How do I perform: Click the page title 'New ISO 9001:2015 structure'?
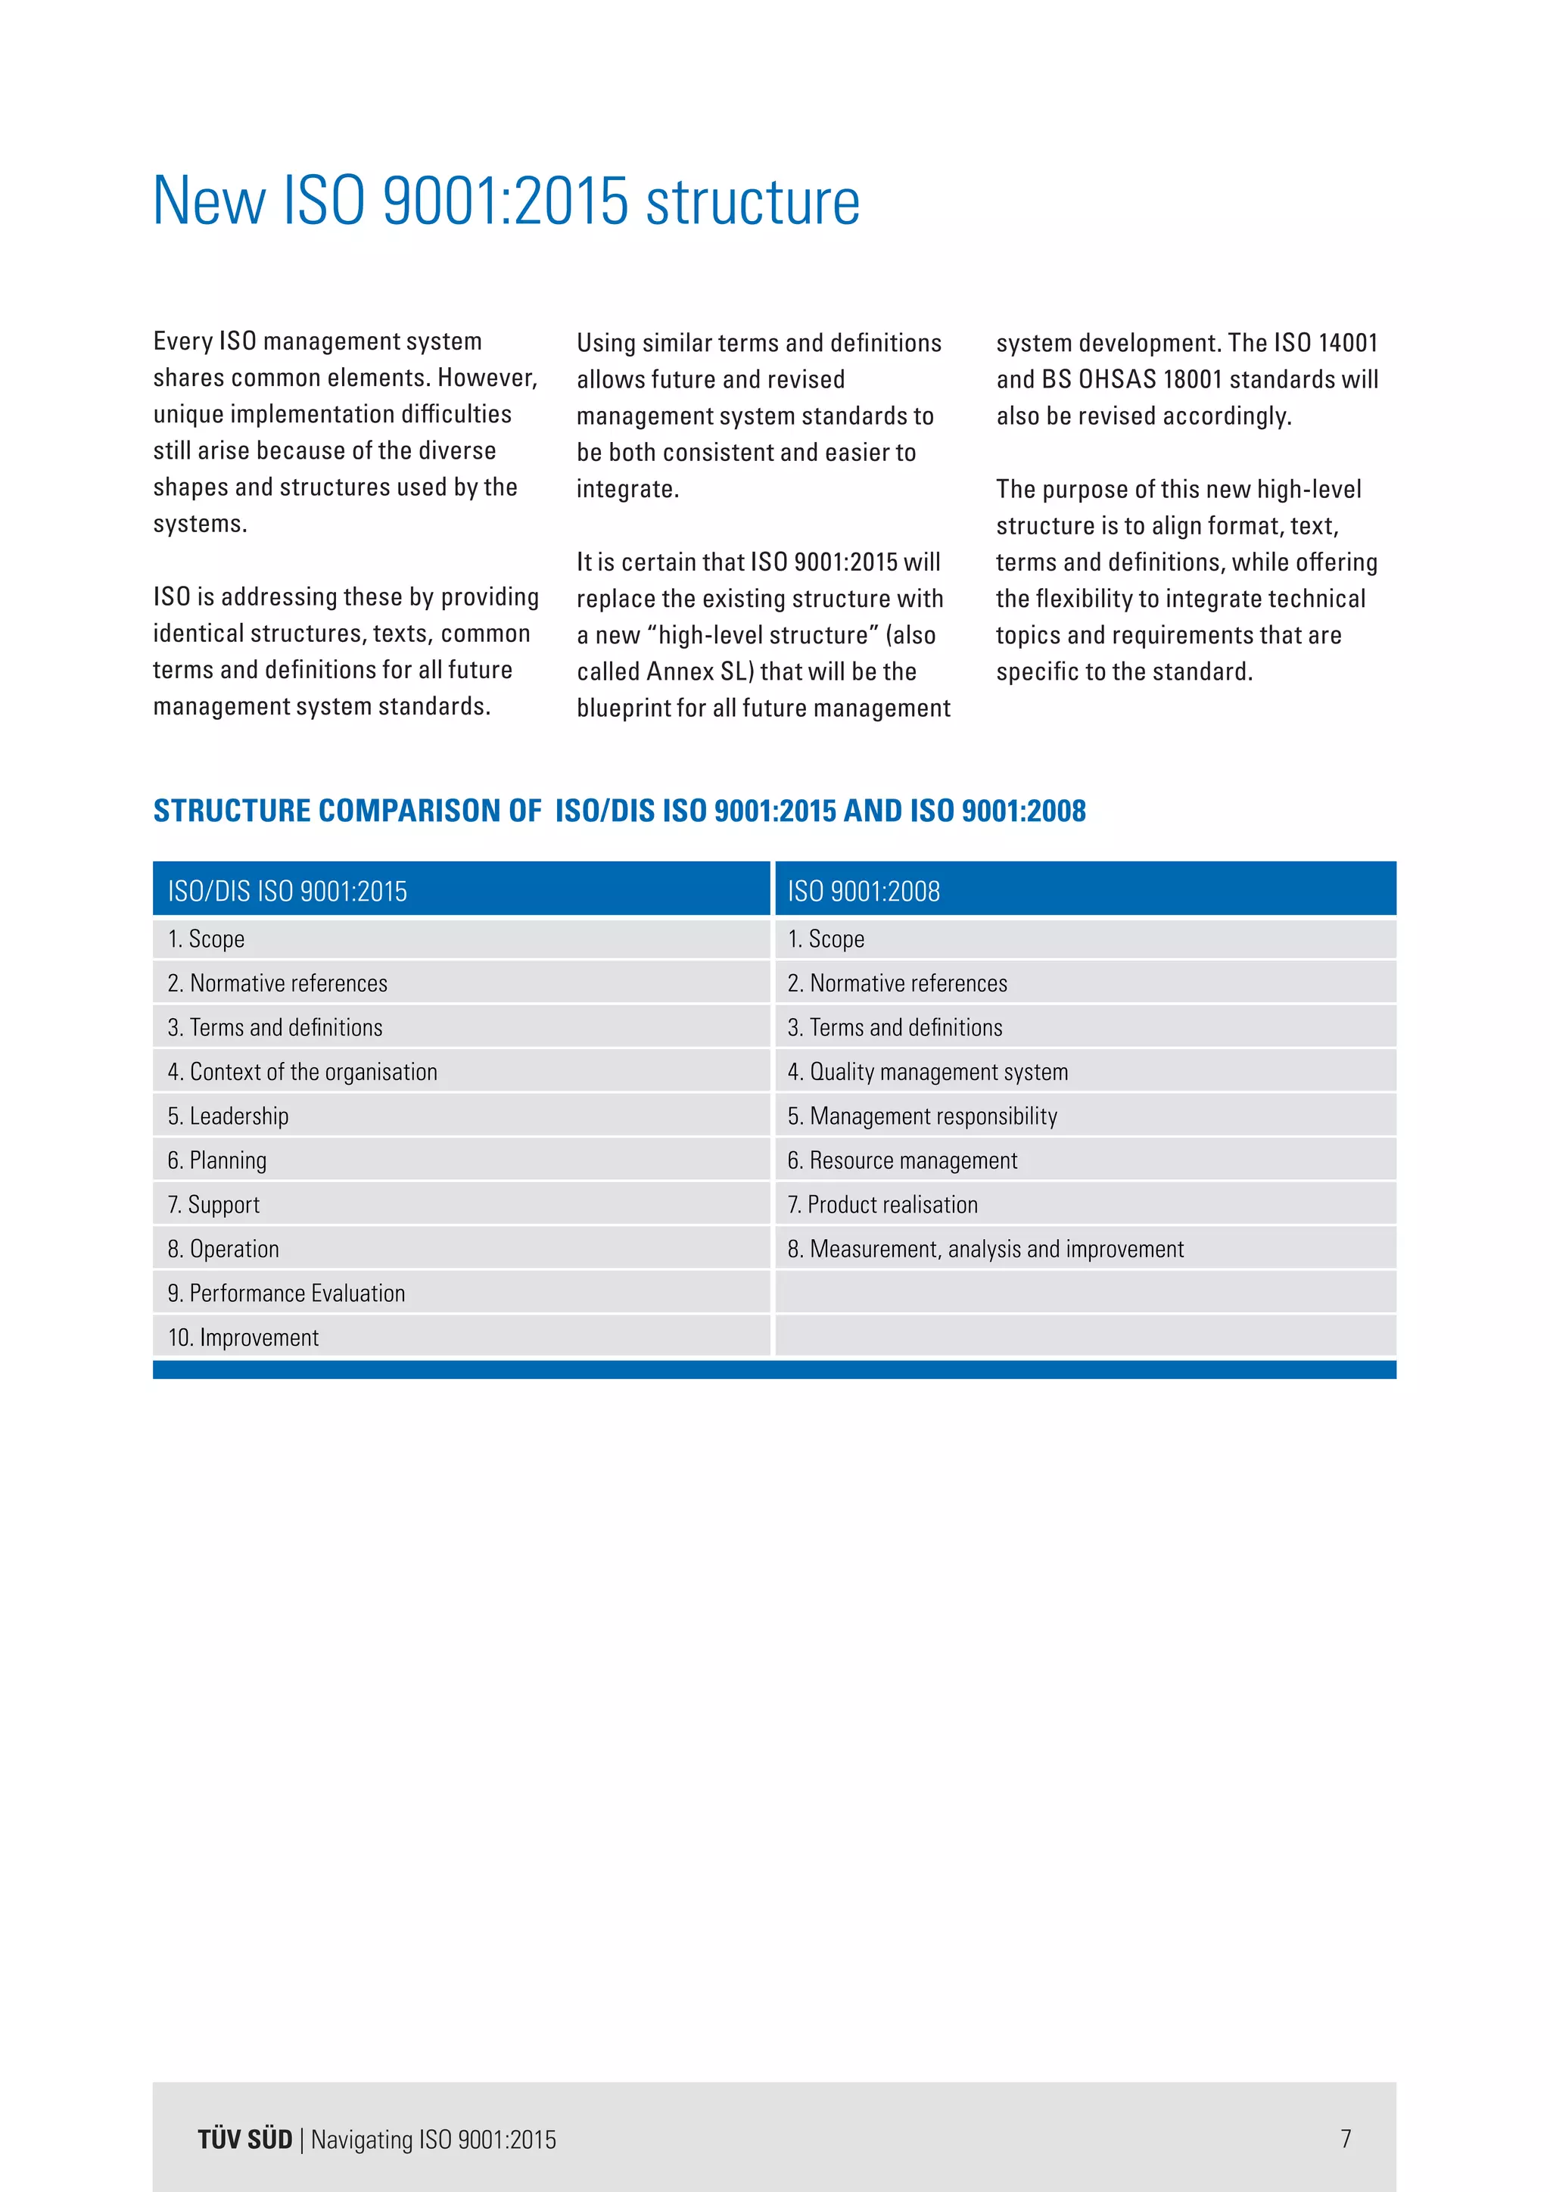(x=506, y=201)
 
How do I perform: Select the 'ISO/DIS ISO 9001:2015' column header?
(x=288, y=891)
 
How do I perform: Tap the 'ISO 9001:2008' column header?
(x=863, y=891)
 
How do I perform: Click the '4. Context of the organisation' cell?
(x=302, y=1071)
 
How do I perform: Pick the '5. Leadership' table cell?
(x=228, y=1116)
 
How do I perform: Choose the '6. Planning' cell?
(x=218, y=1160)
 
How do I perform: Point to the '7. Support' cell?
(x=213, y=1204)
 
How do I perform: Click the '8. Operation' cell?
(x=223, y=1249)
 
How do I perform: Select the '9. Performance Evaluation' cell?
(x=286, y=1293)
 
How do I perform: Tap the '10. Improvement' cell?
(x=244, y=1337)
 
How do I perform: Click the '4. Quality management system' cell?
(x=927, y=1071)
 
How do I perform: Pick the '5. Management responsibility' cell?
(x=922, y=1116)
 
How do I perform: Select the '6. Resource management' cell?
(x=902, y=1160)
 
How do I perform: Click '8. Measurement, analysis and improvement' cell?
(x=985, y=1249)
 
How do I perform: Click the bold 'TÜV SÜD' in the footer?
(x=244, y=2140)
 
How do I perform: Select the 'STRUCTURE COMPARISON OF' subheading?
(x=347, y=811)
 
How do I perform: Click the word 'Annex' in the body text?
(x=680, y=671)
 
